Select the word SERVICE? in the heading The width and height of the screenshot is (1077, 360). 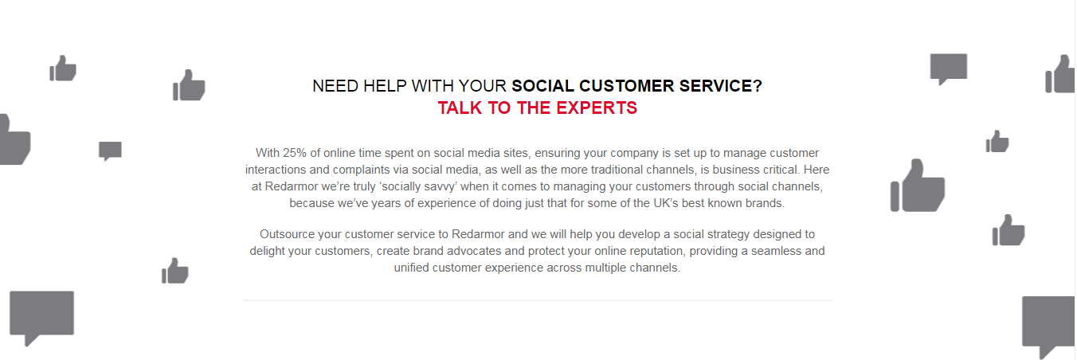(720, 86)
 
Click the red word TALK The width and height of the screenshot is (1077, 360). (460, 108)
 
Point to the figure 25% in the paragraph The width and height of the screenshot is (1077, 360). (294, 153)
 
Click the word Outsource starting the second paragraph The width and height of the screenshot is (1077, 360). (287, 234)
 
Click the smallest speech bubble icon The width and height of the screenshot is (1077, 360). (110, 151)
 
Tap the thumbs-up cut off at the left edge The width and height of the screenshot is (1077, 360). (14, 139)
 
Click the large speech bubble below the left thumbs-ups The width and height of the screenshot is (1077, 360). (42, 315)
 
